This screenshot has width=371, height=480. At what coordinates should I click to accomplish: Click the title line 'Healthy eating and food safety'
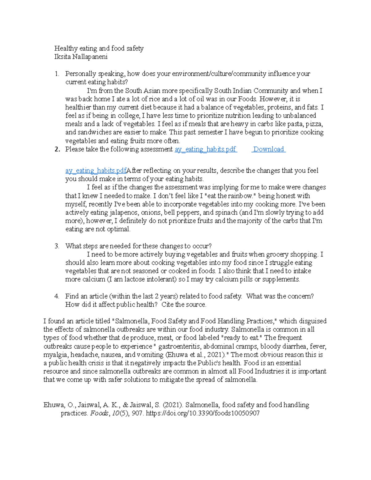[99, 49]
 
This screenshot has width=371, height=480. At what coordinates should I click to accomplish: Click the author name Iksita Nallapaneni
[81, 57]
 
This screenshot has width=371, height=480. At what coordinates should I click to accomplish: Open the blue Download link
[269, 149]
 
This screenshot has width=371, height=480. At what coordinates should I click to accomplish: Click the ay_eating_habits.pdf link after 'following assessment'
[205, 149]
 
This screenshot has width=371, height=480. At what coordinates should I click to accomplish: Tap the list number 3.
[57, 246]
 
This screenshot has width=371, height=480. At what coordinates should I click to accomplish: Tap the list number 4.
[57, 296]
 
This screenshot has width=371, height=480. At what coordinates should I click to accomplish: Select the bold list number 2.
[57, 149]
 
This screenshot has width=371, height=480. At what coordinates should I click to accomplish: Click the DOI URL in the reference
[203, 414]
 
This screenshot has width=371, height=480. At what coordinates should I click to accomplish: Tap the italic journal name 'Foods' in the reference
[99, 414]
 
